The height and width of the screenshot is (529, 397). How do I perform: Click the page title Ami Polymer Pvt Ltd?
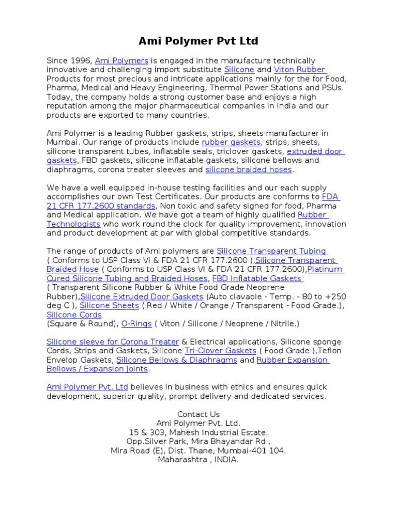198,41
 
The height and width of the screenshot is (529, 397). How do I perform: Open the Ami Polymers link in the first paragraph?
121,61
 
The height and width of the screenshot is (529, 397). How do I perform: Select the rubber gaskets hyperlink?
232,142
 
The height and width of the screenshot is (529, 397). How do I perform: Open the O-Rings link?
136,324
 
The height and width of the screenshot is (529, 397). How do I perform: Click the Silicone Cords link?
74,315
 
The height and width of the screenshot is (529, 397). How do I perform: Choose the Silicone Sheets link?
109,306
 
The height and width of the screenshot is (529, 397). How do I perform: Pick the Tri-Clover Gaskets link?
220,351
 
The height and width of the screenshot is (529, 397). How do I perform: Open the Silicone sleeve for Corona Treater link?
113,342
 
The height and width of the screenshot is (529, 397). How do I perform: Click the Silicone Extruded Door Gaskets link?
142,297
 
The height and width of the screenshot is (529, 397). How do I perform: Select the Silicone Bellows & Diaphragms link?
177,360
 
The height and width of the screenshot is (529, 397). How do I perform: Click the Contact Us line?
198,414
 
